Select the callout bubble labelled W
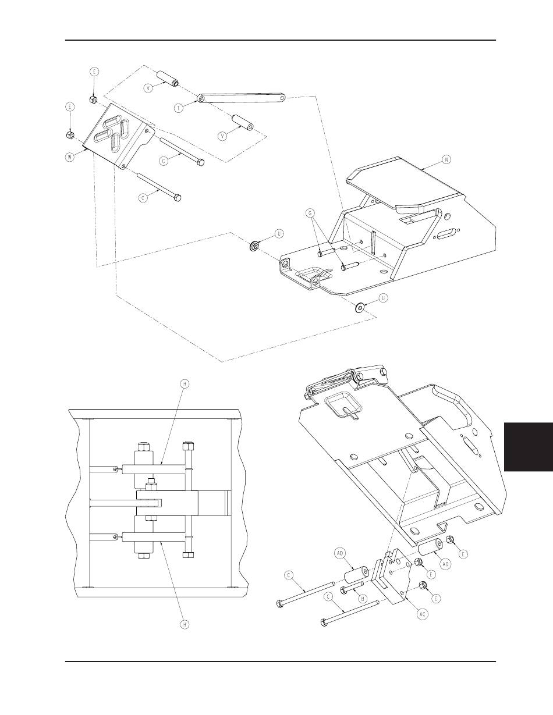(70, 155)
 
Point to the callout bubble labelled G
(311, 213)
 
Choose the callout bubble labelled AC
(423, 614)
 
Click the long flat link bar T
(242, 99)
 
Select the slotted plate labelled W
(119, 137)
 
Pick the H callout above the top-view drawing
(184, 384)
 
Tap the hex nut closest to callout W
(69, 135)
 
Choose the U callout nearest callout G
(279, 233)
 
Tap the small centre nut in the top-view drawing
(151, 482)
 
